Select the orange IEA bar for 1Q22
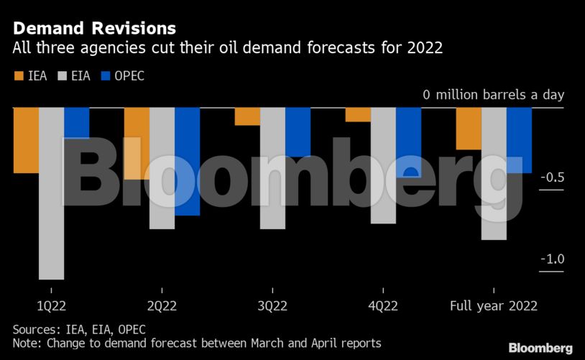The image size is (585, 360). click(x=26, y=140)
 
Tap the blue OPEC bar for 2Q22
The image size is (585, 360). click(x=187, y=161)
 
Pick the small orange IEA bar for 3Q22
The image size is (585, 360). click(x=247, y=116)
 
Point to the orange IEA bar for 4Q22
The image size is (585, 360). click(x=358, y=115)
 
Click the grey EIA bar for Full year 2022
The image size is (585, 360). click(x=494, y=173)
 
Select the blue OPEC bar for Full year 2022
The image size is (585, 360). click(x=519, y=140)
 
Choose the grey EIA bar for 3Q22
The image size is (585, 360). click(x=272, y=168)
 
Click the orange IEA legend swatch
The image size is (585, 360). click(x=18, y=75)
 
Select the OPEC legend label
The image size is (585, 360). click(x=129, y=75)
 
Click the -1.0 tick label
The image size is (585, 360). click(x=551, y=259)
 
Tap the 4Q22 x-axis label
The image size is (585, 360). click(x=383, y=305)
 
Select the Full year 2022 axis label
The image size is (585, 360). click(x=494, y=305)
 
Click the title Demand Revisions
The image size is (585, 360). click(x=94, y=29)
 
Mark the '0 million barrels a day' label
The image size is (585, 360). click(x=493, y=95)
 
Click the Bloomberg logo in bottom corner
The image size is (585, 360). click(x=540, y=348)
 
